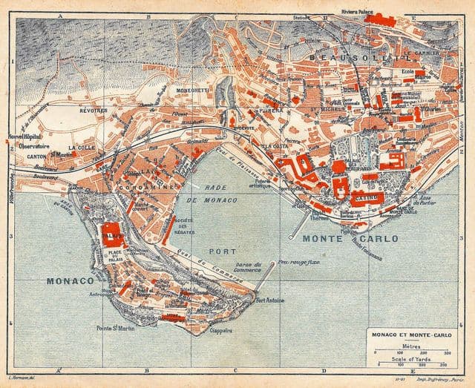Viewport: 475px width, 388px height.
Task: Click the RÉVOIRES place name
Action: tap(94, 110)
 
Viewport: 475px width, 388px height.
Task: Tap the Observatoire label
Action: tap(34, 147)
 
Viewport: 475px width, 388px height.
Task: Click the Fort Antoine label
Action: tap(269, 300)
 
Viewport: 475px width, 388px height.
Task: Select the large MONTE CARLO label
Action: tap(350, 239)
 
